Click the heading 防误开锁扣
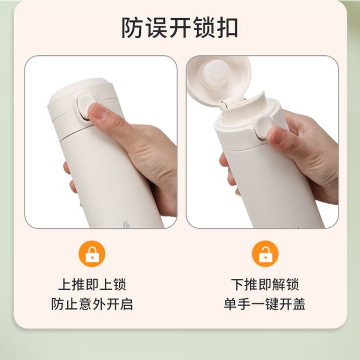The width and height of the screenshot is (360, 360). [x=179, y=28]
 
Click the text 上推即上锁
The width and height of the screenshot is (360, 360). [x=92, y=284]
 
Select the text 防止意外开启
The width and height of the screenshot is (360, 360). [x=92, y=304]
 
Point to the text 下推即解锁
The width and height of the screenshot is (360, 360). [x=265, y=284]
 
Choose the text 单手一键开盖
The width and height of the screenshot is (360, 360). [x=265, y=304]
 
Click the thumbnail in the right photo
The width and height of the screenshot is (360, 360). [x=278, y=135]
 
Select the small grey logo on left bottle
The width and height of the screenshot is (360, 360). [x=126, y=224]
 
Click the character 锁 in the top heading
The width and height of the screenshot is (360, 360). [x=204, y=28]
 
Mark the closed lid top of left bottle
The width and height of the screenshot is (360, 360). [x=80, y=90]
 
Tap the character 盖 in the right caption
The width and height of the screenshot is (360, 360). [x=299, y=304]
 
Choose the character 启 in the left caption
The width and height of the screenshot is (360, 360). [x=126, y=304]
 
